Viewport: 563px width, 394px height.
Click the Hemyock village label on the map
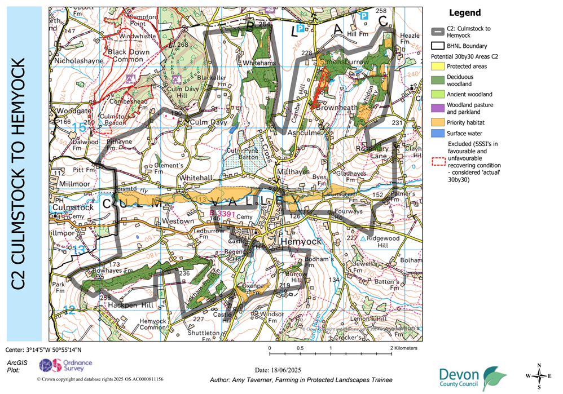(x=301, y=241)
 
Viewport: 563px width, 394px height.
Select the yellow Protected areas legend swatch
(x=438, y=66)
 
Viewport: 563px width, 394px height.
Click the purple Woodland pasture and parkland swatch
(x=438, y=108)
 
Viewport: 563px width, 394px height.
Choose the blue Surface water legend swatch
(x=438, y=134)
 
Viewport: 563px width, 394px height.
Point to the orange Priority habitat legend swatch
(x=438, y=121)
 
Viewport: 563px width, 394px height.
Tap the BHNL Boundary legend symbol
(x=438, y=46)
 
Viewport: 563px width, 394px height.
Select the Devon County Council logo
(x=473, y=376)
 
